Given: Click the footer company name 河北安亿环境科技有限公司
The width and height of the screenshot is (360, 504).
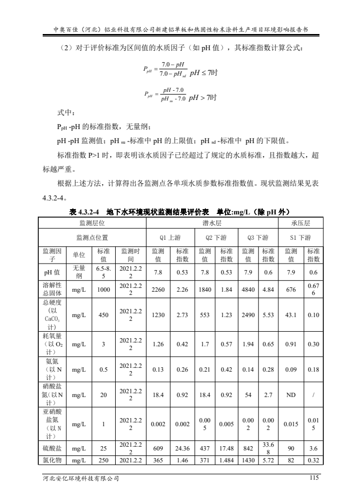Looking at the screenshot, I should pos(81,478).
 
